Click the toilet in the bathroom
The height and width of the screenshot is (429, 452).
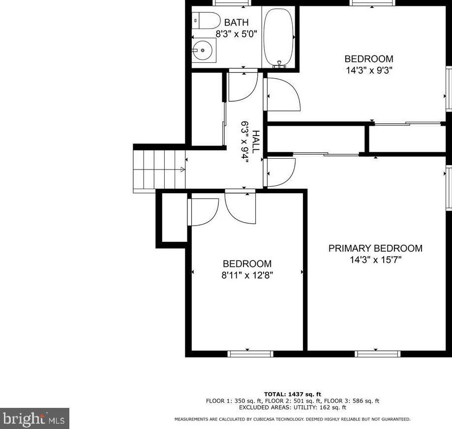[x=207, y=21]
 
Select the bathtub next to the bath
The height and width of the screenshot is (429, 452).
[x=278, y=37]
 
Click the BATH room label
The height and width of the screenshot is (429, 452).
[x=236, y=23]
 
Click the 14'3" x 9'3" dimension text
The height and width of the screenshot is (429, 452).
[x=368, y=70]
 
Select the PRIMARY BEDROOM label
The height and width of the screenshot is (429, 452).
[x=375, y=249]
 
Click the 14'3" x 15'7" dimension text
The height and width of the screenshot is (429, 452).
[x=375, y=260]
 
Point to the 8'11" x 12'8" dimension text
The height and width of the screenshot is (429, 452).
[x=247, y=275]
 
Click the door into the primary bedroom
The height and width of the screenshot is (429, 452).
[x=279, y=172]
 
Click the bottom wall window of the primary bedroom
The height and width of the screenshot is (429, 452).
[x=378, y=353]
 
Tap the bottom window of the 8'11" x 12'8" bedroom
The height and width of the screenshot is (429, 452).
[x=250, y=353]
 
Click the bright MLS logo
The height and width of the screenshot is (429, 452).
[x=34, y=419]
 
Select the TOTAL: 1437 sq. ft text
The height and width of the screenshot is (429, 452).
[x=292, y=394]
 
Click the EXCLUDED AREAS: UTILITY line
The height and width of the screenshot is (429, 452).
[x=292, y=407]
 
